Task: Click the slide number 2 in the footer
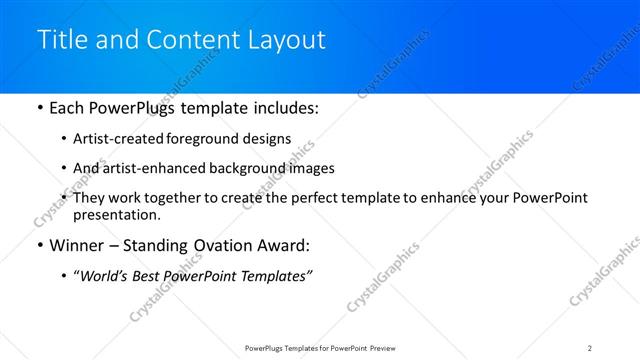click(590, 347)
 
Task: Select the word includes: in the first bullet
click(284, 107)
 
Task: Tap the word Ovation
click(225, 246)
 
